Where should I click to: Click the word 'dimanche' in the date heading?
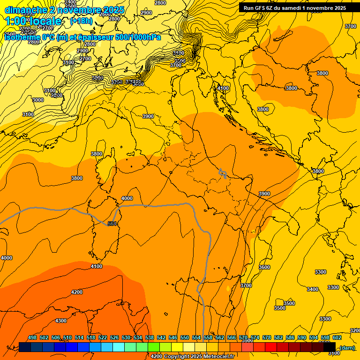coord(26,10)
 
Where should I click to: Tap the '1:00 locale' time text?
coord(33,21)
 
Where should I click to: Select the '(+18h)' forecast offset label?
coord(81,21)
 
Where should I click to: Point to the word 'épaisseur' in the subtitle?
coord(94,37)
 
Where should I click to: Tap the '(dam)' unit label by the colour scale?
coord(347,347)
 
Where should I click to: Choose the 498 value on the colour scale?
coord(32,337)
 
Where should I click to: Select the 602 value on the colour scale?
coord(337,337)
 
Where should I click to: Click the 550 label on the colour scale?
coord(185,337)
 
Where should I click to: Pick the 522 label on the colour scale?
coord(103,337)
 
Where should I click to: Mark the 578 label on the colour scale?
coord(267,337)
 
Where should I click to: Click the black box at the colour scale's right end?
coord(330,347)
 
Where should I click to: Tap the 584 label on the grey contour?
coord(112,224)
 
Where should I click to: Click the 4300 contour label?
coord(61,321)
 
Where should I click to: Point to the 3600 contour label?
coord(264,267)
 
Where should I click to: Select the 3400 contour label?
coord(313,289)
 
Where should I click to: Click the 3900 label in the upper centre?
coord(148,116)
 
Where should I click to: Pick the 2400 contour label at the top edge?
coord(70,2)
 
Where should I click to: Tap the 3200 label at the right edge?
coord(354,330)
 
